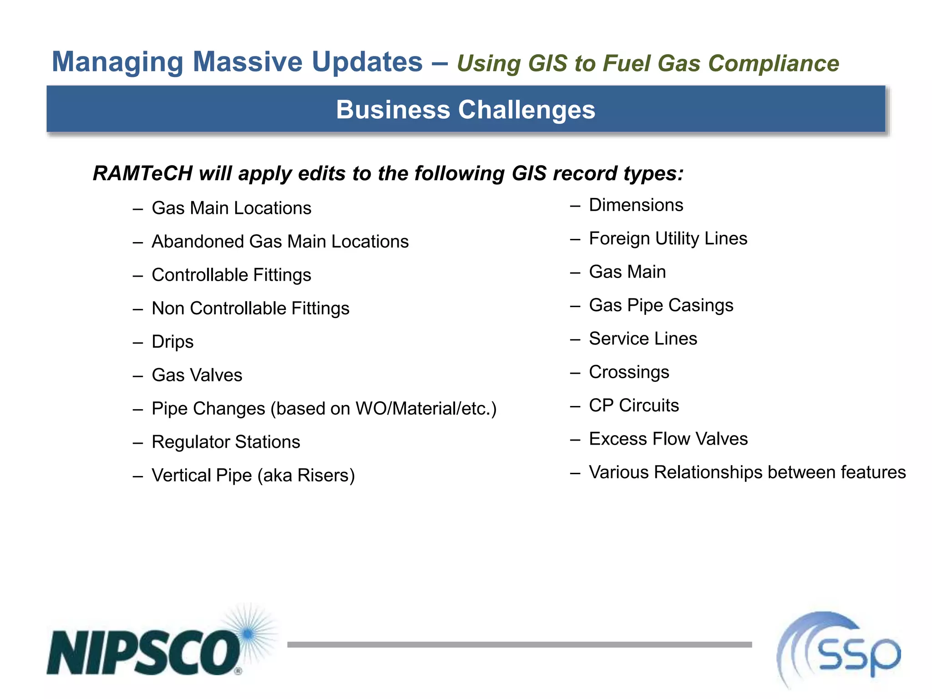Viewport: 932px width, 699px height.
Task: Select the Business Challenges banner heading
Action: (466, 110)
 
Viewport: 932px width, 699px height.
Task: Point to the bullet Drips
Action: (172, 342)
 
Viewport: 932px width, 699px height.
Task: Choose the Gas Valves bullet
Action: (197, 375)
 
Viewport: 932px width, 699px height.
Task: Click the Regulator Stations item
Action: (226, 442)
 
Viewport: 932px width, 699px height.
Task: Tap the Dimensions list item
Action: (636, 205)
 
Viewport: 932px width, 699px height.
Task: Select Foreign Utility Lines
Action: (668, 238)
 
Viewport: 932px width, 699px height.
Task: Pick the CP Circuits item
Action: (633, 405)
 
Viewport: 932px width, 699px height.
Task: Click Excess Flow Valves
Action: (668, 439)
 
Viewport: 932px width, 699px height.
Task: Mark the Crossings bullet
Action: (629, 372)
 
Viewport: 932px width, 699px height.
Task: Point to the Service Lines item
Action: (643, 339)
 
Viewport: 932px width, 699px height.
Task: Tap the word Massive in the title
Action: (248, 62)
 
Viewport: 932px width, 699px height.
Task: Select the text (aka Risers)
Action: (306, 476)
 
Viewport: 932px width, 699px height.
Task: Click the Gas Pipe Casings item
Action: (661, 305)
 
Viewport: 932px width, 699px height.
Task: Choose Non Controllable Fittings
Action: (250, 309)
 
